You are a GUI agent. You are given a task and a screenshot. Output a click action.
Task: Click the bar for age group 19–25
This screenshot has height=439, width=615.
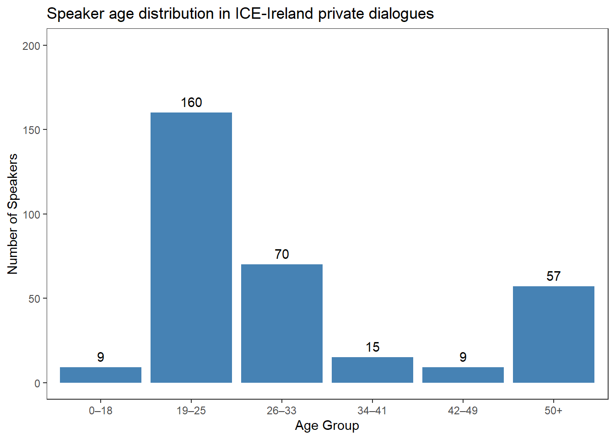pyautogui.click(x=191, y=247)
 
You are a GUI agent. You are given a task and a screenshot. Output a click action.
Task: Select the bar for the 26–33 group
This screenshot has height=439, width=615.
pyautogui.click(x=282, y=323)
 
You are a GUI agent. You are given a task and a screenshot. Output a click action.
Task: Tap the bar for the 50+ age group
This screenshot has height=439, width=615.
pyautogui.click(x=554, y=334)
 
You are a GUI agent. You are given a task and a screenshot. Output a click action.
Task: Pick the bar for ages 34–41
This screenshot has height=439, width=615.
pyautogui.click(x=372, y=370)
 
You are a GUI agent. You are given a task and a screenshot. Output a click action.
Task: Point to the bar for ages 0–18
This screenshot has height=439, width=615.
pyautogui.click(x=101, y=375)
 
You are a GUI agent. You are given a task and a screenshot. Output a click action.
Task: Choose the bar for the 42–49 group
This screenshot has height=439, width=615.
pyautogui.click(x=463, y=375)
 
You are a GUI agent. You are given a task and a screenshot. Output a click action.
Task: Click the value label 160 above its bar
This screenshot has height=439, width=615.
pyautogui.click(x=191, y=102)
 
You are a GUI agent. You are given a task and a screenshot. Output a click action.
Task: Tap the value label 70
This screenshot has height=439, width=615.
pyautogui.click(x=282, y=254)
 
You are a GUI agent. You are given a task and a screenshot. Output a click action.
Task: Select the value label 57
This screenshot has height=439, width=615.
pyautogui.click(x=554, y=276)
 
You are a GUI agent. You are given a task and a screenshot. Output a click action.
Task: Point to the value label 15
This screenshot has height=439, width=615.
pyautogui.click(x=372, y=347)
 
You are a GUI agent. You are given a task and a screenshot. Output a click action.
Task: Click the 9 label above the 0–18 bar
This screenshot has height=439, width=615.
pyautogui.click(x=101, y=357)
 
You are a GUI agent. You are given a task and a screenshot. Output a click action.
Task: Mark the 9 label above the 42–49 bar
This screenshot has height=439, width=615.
pyautogui.click(x=463, y=357)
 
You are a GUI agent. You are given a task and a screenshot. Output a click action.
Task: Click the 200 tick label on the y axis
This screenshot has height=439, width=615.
pyautogui.click(x=31, y=46)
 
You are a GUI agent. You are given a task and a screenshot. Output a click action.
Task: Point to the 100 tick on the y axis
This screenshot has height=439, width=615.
pyautogui.click(x=31, y=214)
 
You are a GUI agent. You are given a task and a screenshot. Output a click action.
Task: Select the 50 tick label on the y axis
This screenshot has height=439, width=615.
pyautogui.click(x=34, y=299)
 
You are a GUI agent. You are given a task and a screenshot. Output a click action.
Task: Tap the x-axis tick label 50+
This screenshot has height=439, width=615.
pyautogui.click(x=554, y=411)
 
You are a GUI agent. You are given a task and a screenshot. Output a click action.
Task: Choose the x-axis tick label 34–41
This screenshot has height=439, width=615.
pyautogui.click(x=372, y=411)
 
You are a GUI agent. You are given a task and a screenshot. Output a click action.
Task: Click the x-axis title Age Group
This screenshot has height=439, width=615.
pyautogui.click(x=327, y=426)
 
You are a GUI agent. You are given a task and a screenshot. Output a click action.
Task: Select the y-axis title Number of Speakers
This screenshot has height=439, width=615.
pyautogui.click(x=12, y=214)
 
